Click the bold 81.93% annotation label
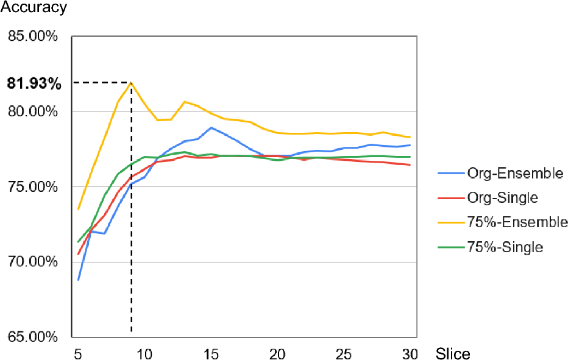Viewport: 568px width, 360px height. click(34, 83)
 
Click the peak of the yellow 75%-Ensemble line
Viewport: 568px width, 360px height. click(131, 82)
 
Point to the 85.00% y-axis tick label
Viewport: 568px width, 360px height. click(32, 37)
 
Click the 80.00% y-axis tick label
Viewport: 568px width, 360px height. click(32, 111)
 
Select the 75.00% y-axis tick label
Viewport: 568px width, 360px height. click(32, 187)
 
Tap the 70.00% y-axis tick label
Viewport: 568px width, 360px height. click(32, 263)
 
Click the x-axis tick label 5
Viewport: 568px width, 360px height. click(78, 353)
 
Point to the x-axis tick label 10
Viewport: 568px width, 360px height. click(144, 353)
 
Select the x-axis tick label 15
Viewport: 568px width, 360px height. click(211, 353)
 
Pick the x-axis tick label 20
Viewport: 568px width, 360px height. click(277, 353)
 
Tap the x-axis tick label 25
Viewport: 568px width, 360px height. click(344, 353)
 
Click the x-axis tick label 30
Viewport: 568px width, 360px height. click(410, 353)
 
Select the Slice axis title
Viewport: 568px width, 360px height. click(453, 353)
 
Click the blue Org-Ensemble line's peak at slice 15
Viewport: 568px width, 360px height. click(211, 127)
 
